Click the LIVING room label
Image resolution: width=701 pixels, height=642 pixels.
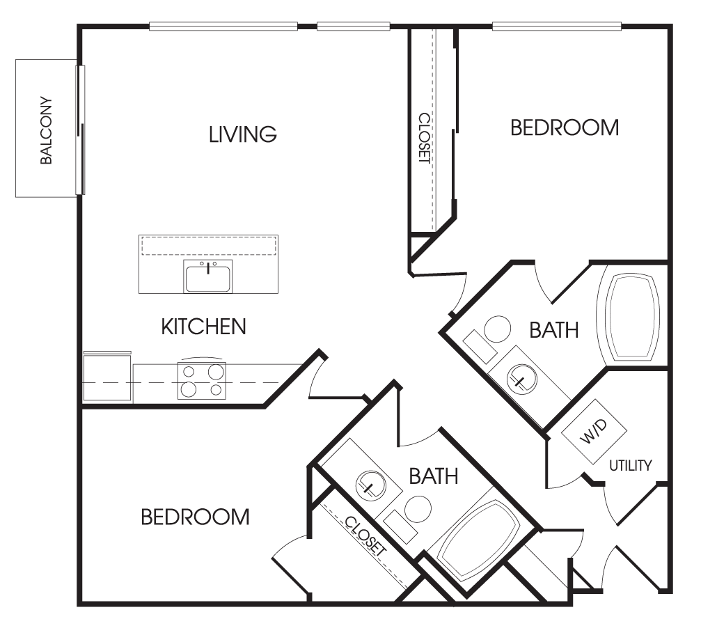(243, 134)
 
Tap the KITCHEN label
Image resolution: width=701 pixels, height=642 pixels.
(203, 327)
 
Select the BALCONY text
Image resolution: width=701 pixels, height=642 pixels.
(46, 130)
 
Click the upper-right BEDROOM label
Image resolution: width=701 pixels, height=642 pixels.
(565, 127)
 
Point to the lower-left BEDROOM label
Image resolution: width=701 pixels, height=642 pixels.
(195, 517)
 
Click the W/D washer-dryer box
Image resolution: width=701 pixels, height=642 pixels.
(594, 432)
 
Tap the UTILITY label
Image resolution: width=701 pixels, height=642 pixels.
(631, 466)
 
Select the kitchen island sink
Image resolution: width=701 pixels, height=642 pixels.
(208, 276)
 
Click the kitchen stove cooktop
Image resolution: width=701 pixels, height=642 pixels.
(202, 380)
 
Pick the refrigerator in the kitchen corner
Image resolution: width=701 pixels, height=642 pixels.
(108, 377)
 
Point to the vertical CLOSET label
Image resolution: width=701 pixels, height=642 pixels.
(424, 138)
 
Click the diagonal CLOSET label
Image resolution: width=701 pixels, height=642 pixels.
(365, 537)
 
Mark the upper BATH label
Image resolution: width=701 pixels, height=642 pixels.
(554, 330)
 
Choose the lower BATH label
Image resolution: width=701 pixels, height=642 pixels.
(434, 476)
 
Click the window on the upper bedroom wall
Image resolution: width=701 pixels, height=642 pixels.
(557, 26)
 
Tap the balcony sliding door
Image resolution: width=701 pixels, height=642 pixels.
(81, 130)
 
